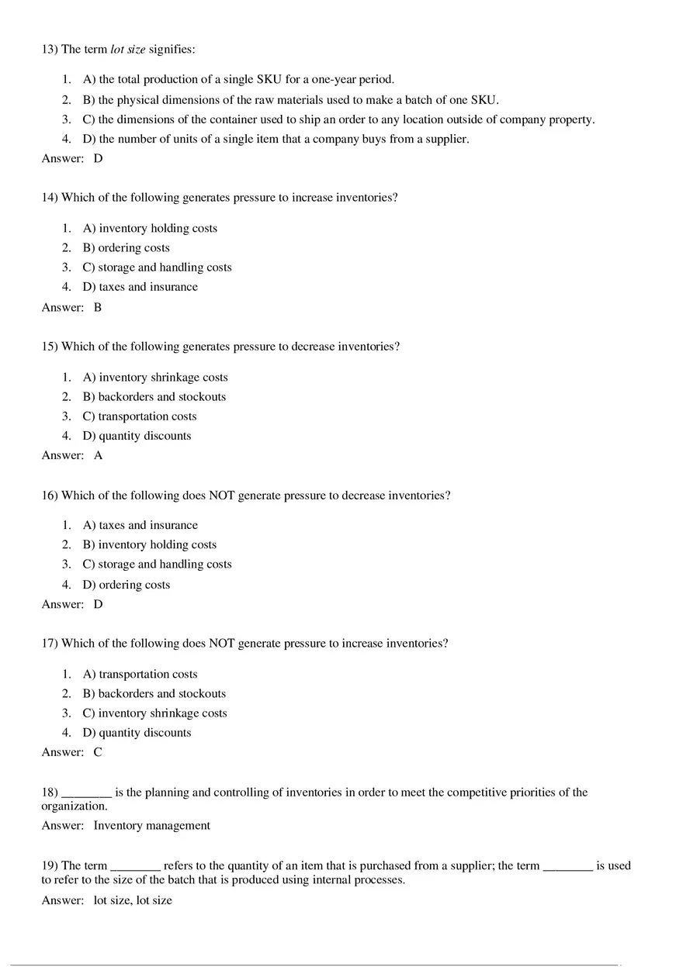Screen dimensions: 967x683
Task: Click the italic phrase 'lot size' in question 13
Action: pos(128,50)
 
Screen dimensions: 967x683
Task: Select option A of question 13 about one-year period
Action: pos(238,79)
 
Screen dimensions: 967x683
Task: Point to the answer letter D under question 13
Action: pos(98,158)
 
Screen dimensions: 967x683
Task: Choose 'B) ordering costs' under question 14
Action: pos(126,248)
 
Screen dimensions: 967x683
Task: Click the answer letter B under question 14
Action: pos(98,307)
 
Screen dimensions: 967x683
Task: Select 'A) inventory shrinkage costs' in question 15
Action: pos(155,378)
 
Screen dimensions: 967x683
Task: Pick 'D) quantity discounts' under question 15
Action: pos(137,436)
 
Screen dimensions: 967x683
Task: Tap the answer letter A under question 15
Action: pos(98,456)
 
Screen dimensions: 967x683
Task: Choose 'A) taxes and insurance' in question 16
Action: pos(140,526)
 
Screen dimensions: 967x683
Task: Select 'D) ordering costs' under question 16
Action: pos(126,585)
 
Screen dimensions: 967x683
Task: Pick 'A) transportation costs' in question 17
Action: pos(140,675)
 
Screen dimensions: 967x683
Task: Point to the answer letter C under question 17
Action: pos(98,752)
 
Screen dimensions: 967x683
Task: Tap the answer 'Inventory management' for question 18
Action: pos(151,826)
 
